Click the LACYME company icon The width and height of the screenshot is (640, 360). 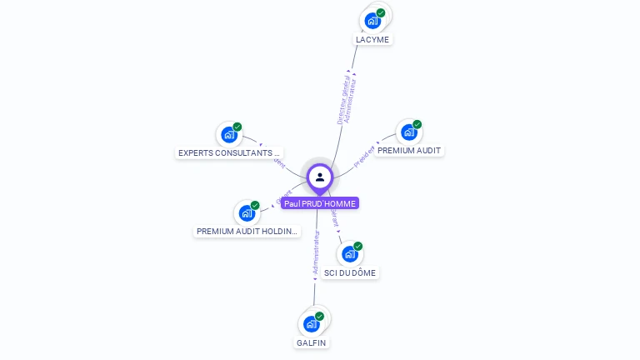pos(372,20)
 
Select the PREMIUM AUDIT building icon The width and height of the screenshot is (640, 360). pos(408,132)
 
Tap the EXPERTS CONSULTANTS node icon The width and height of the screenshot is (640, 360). pos(229,134)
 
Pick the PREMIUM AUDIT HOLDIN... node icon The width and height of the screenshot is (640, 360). pos(247,212)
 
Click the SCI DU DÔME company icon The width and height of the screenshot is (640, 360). pos(350,253)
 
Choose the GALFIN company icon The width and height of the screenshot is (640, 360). pos(312,323)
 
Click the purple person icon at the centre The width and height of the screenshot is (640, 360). pos(320,177)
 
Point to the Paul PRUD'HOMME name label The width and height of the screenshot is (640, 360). pos(320,203)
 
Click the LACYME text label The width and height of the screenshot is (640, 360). pos(372,39)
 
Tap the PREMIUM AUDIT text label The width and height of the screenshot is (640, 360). pos(409,151)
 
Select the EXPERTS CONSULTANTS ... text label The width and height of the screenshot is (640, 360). pos(229,153)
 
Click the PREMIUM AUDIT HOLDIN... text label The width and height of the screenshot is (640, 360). pos(247,231)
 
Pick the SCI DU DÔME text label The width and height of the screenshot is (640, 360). pos(350,272)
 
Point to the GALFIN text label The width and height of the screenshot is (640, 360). pos(312,342)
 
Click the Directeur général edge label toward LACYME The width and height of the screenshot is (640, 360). pos(345,98)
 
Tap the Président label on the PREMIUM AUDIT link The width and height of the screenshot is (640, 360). pos(365,157)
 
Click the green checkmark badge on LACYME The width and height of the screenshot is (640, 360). pos(381,12)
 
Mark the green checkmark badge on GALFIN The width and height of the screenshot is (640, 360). pos(319,316)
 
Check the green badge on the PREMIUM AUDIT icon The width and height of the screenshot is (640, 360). pos(417,124)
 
